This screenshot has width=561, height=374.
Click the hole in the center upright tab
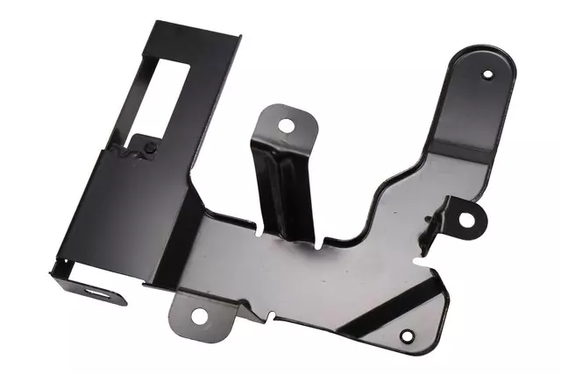point(286,126)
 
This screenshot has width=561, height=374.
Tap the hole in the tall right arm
point(487,74)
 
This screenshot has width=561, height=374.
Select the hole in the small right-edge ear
point(468,220)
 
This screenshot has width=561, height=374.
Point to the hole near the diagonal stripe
point(406,335)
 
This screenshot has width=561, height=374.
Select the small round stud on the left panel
point(151,147)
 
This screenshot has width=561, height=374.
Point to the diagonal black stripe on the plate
point(386,302)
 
